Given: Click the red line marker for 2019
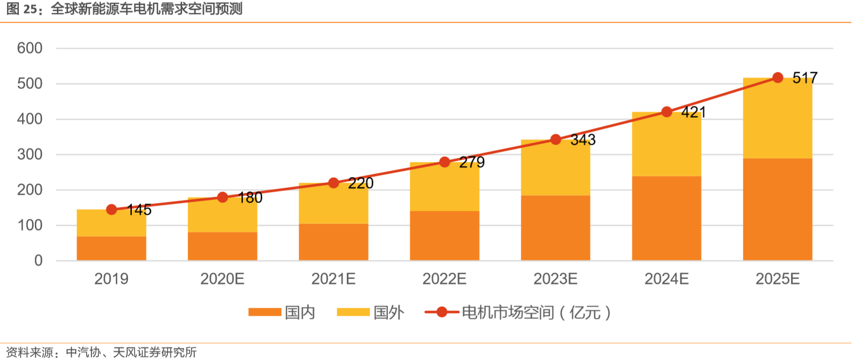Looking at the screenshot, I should tap(111, 209).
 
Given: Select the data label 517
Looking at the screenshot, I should tap(804, 78).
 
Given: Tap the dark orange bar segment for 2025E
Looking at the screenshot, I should tap(777, 209).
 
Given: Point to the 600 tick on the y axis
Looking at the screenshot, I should tap(30, 48).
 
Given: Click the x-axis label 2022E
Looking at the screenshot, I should tap(444, 279).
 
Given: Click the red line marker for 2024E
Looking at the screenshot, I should tap(666, 112).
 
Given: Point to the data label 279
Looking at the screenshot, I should tap(472, 162).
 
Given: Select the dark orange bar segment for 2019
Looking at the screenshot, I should tap(111, 248).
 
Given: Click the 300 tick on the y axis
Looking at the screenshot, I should tap(30, 154).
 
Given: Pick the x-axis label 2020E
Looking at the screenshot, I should tap(222, 279).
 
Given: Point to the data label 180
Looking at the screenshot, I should tap(250, 198).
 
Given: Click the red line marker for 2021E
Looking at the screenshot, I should tap(333, 183).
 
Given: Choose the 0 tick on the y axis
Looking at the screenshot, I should tap(38, 261).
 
